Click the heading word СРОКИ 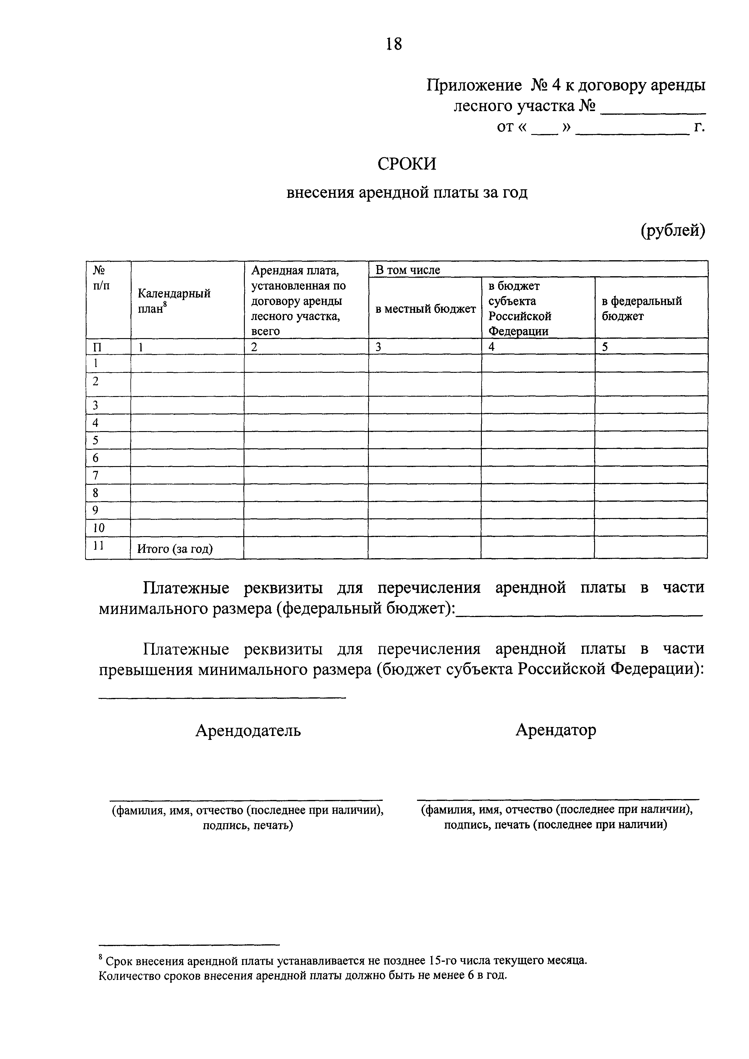406,164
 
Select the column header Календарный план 174,301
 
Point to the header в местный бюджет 425,309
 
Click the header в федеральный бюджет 641,309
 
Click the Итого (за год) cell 175,549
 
